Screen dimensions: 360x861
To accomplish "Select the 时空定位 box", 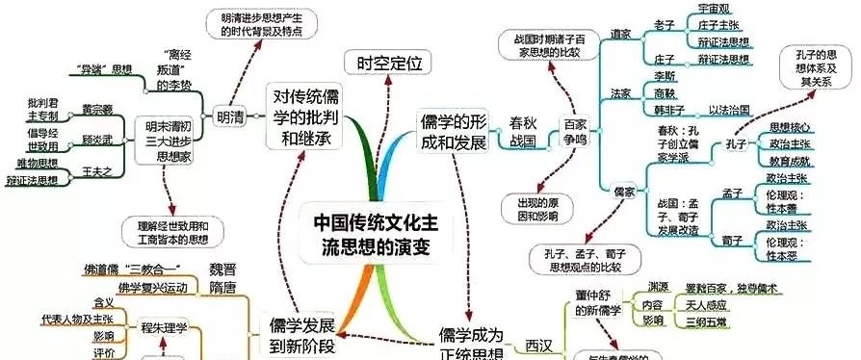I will point(378,64).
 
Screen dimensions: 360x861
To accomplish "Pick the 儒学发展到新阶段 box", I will point(304,327).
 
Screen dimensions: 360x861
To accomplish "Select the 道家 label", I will point(620,34).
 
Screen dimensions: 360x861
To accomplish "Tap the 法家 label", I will point(620,93).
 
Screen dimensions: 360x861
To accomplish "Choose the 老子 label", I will point(665,23).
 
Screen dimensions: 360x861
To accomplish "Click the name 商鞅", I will point(665,93).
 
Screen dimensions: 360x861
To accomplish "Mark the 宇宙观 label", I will point(717,8).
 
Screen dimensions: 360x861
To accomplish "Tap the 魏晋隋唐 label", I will point(222,276).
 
